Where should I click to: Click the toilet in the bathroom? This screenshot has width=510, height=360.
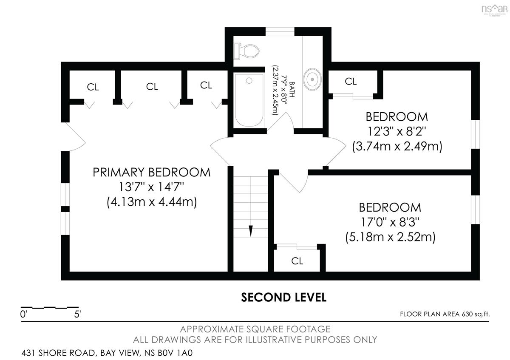coord(247,51)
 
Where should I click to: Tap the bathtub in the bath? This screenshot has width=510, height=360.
coord(249,100)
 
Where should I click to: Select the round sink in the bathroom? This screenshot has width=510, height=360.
coord(312,79)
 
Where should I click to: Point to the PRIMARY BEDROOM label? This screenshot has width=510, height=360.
coord(151,172)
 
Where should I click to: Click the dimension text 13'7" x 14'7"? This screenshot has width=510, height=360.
coord(151,187)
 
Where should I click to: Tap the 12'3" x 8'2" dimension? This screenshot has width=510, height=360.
coord(397,131)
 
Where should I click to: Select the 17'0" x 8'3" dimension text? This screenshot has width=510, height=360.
coord(390,222)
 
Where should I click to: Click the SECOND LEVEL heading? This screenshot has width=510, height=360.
coord(284,298)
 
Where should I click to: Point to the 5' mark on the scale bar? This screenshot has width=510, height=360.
coord(77,315)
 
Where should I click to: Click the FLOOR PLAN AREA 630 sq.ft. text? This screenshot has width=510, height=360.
coord(445,314)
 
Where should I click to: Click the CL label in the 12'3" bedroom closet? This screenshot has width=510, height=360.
coord(351,81)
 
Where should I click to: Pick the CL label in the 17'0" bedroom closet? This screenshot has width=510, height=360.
coord(297,261)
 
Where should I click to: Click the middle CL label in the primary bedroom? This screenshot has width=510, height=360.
coord(152,87)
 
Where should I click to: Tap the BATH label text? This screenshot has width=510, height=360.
coord(292,90)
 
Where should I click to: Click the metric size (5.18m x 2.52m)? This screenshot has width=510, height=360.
coord(390,237)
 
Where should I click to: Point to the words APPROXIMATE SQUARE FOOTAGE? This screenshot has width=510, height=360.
coord(255,329)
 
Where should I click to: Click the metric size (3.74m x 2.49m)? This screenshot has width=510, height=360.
coord(397,146)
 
